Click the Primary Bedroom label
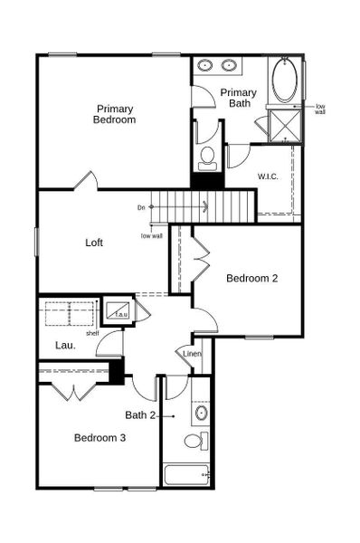(x=116, y=114)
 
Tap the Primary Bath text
(x=239, y=98)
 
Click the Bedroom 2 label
(x=251, y=278)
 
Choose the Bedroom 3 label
(x=99, y=437)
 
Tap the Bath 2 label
(x=141, y=414)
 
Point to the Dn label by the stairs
(x=141, y=207)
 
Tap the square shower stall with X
(x=286, y=125)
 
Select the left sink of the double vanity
(x=205, y=66)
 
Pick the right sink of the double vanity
(x=228, y=66)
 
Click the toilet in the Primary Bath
(x=207, y=157)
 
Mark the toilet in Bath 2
(x=194, y=442)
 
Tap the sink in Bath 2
(x=201, y=413)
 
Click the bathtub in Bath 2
(x=185, y=474)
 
